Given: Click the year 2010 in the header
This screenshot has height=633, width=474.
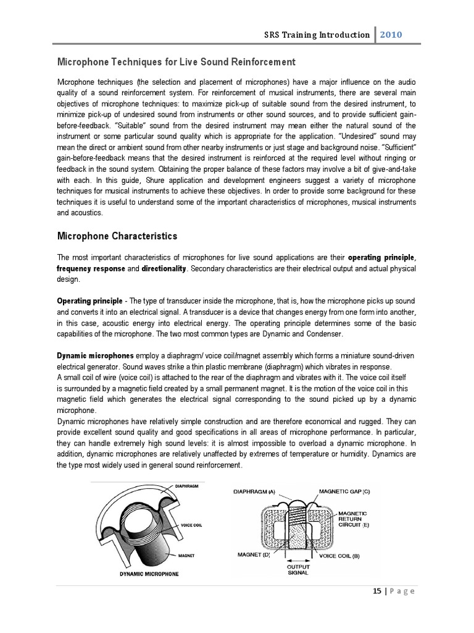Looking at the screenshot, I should point(391,35).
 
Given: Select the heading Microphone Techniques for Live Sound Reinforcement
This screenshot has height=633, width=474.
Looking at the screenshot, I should point(176,62).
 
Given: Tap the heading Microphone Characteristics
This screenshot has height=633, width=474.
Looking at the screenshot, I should point(117,236).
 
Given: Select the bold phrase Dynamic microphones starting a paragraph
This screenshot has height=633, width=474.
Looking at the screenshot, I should point(95,356).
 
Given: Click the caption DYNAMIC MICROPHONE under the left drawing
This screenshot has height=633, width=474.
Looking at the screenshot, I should point(149,574).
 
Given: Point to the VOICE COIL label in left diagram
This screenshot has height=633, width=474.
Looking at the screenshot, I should point(192,525).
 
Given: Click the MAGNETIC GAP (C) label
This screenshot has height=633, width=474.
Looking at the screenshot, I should point(344,492).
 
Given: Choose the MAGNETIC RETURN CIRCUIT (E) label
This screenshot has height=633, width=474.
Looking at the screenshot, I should point(353,519).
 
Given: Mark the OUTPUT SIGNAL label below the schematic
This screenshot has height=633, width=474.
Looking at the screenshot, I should point(299,569).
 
